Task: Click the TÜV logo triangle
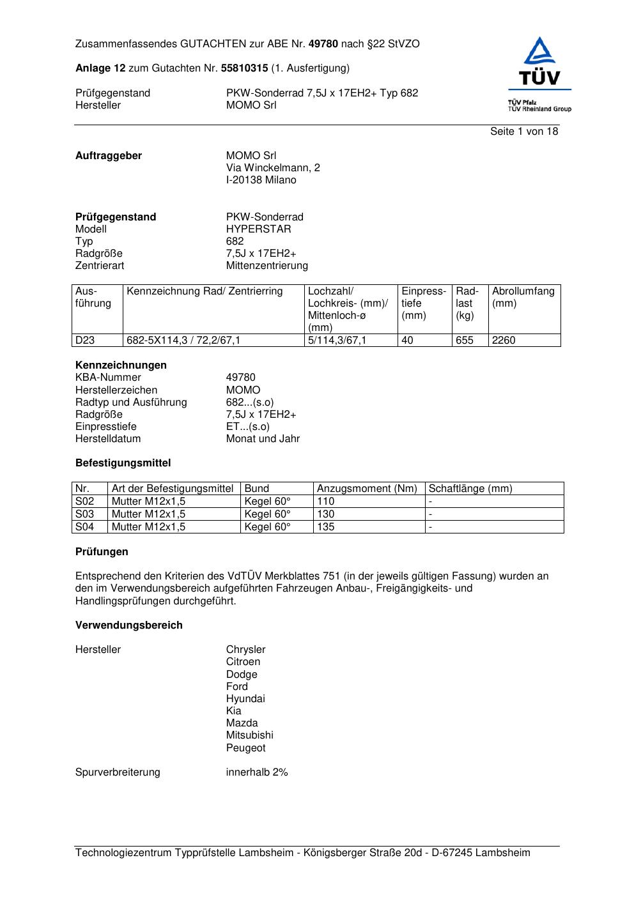540,52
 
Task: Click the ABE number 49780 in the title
323,44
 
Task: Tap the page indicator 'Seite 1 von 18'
523,132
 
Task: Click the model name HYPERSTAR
258,229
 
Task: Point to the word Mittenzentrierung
267,266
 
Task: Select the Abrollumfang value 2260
504,341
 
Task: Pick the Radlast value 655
465,341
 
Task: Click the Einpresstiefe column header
424,303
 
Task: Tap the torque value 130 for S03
326,514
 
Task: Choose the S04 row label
85,527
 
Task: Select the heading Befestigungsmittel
123,463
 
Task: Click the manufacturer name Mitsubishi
249,735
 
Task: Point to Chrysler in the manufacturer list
245,650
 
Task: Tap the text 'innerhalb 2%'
257,772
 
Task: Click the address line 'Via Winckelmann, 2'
273,168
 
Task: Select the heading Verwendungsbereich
129,625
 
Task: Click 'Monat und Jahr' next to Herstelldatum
263,439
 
